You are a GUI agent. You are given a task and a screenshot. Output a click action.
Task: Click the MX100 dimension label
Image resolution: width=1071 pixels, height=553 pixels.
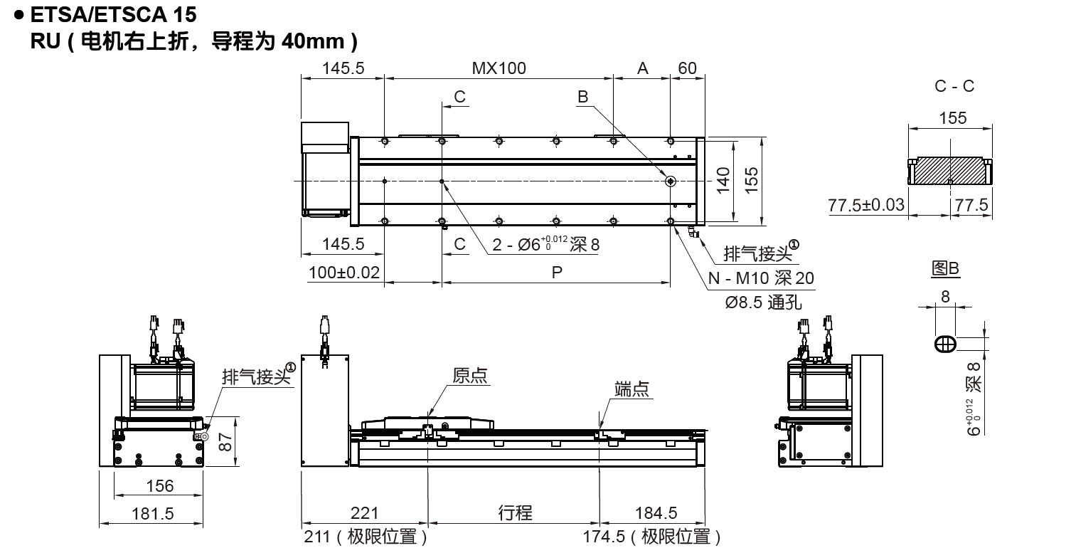pos(499,68)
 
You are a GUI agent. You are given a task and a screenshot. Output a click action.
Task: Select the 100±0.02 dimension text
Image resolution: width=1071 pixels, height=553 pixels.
pos(344,273)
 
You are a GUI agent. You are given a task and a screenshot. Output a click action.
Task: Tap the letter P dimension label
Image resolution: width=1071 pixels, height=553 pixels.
pos(556,273)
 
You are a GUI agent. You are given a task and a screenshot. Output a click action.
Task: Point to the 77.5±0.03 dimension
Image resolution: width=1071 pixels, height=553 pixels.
pos(866,206)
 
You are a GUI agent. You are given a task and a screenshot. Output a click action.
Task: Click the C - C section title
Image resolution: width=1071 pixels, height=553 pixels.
pos(954,86)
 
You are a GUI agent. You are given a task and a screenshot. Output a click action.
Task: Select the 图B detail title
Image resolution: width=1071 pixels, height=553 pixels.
pos(946,268)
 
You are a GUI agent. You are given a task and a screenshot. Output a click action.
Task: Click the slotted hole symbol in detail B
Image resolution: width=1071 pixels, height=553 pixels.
pos(945,343)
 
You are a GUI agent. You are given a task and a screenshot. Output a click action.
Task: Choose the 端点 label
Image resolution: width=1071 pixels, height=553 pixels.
pos(632,389)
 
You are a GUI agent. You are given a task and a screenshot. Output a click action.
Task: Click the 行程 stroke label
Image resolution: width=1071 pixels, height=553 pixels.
pos(515,512)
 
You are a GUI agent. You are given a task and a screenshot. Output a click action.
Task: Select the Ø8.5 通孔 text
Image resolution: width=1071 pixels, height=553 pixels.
pos(763,302)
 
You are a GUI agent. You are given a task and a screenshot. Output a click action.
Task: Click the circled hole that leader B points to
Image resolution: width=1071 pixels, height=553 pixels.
pos(671,181)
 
